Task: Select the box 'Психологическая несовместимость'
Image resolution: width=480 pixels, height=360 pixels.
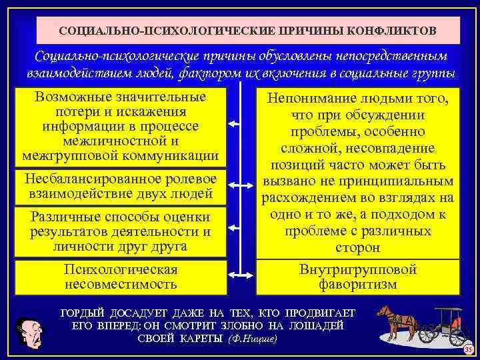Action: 121,277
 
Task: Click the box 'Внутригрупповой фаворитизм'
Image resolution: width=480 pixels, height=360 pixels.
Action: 358,277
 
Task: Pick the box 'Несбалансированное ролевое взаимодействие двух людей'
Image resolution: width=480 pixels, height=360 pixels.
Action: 121,187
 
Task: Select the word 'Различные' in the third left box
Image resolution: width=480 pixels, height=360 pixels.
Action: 64,217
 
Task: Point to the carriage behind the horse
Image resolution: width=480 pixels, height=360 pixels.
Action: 448,325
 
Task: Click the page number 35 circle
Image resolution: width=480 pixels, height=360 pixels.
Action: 468,351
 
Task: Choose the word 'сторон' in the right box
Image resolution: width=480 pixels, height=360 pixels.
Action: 358,247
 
